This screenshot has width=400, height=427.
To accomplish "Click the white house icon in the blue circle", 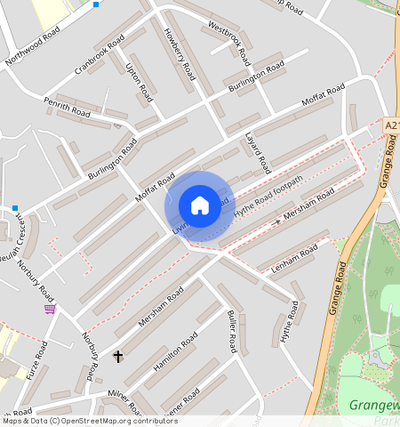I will tap(200, 205).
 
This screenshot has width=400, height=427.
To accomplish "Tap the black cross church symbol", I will tap(118, 356).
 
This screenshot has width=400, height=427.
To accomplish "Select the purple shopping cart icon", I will tap(50, 309).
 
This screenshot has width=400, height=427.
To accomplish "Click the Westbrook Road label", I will tap(230, 36).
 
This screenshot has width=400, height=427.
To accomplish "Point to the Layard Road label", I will tap(257, 152).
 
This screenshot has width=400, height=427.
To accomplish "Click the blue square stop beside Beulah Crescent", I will tap(15, 207).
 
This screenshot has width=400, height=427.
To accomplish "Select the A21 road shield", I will tap(393, 126).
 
